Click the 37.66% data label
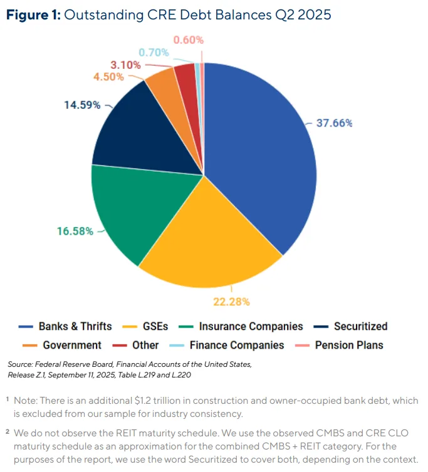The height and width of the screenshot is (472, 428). tap(334, 123)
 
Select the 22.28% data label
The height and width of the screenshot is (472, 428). tap(232, 302)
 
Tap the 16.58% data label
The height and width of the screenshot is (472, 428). tap(75, 231)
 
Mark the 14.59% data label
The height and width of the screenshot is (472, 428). tap(82, 105)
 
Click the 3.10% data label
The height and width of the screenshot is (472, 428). tap(126, 64)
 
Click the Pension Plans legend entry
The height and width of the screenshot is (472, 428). tap(348, 345)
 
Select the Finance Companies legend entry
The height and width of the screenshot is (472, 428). tap(236, 345)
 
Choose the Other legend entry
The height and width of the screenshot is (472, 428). tap(145, 345)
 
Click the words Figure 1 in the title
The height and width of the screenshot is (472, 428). tap(32, 15)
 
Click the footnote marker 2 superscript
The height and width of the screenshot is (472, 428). tap(8, 431)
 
